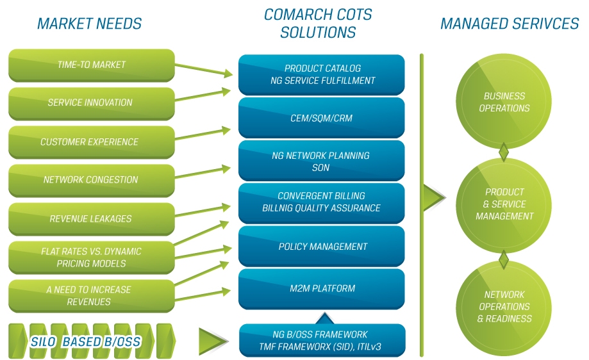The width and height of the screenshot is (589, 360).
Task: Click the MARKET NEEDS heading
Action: pos(89,24)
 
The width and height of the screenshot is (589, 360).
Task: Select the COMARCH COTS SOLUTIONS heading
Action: pos(318,23)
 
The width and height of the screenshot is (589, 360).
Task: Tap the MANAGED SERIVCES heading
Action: pos(509,24)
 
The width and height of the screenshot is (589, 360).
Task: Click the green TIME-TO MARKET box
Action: pos(91,65)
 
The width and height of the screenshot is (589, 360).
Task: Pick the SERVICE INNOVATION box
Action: pos(91,102)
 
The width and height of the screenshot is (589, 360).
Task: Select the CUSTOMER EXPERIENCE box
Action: pos(91,142)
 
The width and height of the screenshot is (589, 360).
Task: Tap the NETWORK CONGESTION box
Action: pos(91,180)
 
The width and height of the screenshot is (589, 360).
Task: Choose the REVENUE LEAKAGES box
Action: pos(91,218)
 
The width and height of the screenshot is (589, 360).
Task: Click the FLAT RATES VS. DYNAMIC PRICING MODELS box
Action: pos(91,258)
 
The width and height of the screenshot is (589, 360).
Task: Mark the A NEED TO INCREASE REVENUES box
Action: pos(91,295)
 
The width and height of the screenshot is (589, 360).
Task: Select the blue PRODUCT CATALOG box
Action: pos(322,74)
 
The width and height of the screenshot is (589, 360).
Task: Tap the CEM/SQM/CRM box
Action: pos(322,118)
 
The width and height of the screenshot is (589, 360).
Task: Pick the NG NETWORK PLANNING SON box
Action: pos(322,161)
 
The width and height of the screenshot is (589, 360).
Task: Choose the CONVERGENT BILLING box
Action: pos(322,202)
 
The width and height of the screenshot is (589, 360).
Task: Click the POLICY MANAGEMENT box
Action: pos(322,247)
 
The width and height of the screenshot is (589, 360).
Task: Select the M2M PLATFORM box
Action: pos(322,288)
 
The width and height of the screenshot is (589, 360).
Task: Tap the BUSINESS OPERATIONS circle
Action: pos(504,102)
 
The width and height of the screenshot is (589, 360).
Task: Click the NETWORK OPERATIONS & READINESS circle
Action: pos(504,306)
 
